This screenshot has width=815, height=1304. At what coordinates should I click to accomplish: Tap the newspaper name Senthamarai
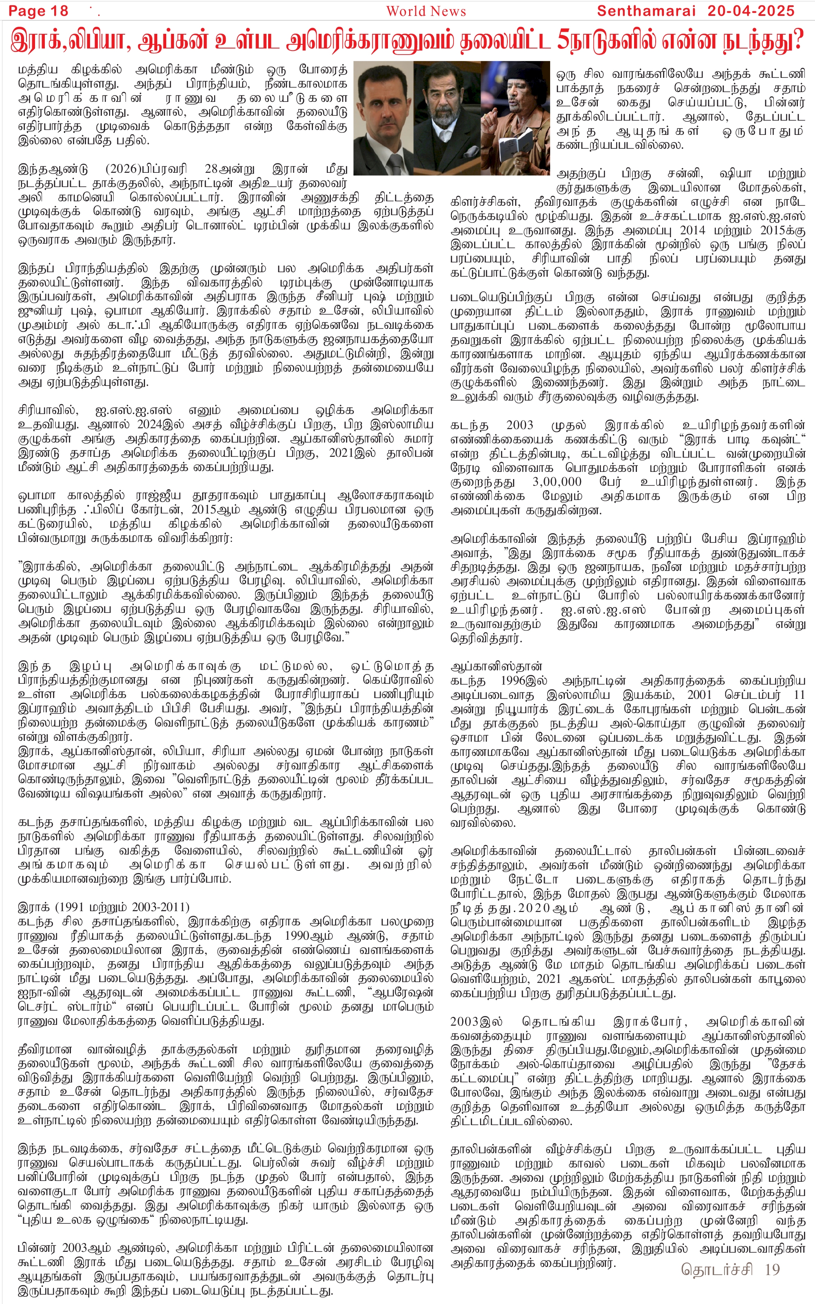[646, 11]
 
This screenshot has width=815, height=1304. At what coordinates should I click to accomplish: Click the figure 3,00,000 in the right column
[557, 481]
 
